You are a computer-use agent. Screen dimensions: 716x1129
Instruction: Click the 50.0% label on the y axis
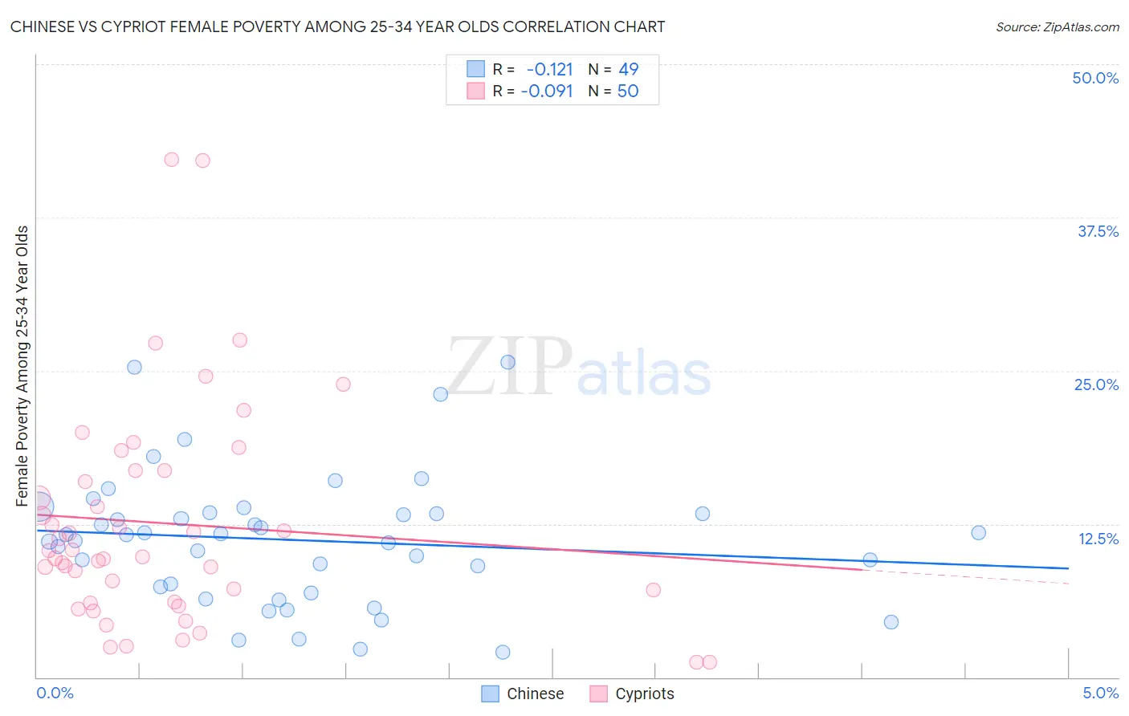pos(1095,78)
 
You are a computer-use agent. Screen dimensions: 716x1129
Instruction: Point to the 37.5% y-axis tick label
pos(1098,231)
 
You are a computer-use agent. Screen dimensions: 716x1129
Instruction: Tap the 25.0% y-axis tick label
pos(1096,384)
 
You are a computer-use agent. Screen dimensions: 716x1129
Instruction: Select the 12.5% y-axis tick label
pos(1098,539)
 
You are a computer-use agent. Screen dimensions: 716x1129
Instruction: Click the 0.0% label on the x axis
pos(55,693)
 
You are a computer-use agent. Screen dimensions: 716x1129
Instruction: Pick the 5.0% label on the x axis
pos(1100,693)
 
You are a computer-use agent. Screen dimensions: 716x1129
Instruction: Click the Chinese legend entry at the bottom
pos(523,694)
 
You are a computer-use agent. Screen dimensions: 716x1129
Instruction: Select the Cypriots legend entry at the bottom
pos(632,694)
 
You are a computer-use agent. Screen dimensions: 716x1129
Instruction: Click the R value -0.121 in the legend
pos(549,70)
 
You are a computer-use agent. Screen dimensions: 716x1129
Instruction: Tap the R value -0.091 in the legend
pos(547,92)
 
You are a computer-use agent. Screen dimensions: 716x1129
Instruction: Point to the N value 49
pos(628,70)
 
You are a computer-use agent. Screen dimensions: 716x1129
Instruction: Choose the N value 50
pos(628,92)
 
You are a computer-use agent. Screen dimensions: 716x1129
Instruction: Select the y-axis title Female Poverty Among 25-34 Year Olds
pos(22,366)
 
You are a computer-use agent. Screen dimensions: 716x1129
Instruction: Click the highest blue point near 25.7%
pos(507,362)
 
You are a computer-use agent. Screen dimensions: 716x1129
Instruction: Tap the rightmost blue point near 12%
pos(978,533)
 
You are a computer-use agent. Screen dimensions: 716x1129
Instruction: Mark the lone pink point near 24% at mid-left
pos(343,384)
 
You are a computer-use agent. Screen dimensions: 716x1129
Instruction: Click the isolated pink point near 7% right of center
pos(653,590)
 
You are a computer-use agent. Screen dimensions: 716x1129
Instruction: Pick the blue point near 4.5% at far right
pos(891,622)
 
